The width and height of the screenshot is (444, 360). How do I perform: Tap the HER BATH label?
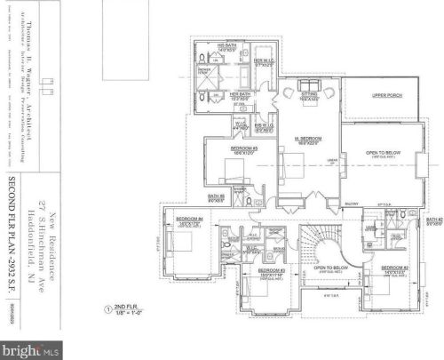tap(241, 94)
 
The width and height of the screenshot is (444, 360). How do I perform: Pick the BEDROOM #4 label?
tap(189, 220)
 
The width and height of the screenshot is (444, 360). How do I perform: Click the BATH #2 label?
tap(433, 221)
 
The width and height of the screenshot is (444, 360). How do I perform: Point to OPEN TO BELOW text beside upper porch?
tap(383, 153)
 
